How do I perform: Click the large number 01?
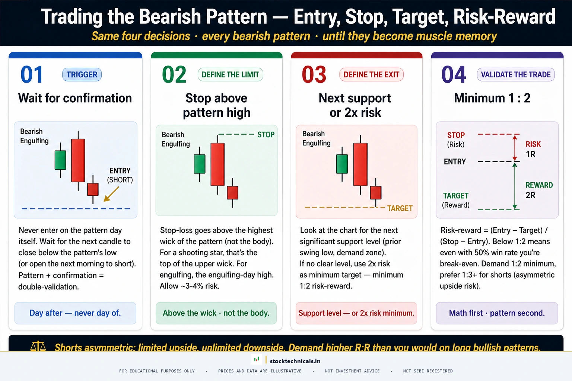pos(32,75)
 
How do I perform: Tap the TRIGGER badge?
pos(82,75)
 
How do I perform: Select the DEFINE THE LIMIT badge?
pos(230,75)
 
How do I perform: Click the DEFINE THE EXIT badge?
pos(371,75)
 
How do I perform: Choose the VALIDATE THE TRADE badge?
pos(515,75)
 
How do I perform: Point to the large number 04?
pos(454,75)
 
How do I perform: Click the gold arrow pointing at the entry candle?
pos(111,194)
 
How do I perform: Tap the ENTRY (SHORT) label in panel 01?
pos(120,175)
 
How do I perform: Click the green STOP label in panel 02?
pos(266,135)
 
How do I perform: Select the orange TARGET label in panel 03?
pos(400,208)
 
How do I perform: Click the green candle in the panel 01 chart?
pos(60,160)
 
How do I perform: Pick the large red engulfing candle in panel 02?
pos(217,164)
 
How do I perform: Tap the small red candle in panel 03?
pos(375,192)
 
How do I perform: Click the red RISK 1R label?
pos(533,149)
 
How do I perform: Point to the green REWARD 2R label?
pos(539,190)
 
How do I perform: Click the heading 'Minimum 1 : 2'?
pos(492,98)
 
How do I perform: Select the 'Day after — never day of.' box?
pos(75,313)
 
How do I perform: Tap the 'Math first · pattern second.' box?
pos(497,313)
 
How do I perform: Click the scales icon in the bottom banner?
pos(38,347)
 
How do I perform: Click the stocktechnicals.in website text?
pos(295,361)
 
